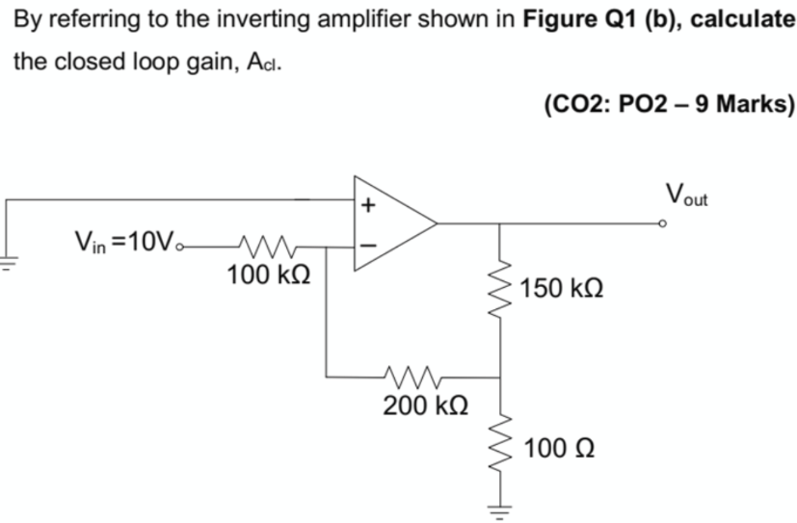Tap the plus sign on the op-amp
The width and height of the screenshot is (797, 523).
tap(366, 205)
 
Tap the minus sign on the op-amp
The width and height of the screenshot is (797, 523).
tap(366, 245)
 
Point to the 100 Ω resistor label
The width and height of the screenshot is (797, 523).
tap(559, 449)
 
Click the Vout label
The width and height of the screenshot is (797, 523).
tap(686, 194)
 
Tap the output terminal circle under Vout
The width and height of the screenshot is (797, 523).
tap(662, 223)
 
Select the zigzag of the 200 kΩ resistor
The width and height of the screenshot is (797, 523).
tap(412, 376)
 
